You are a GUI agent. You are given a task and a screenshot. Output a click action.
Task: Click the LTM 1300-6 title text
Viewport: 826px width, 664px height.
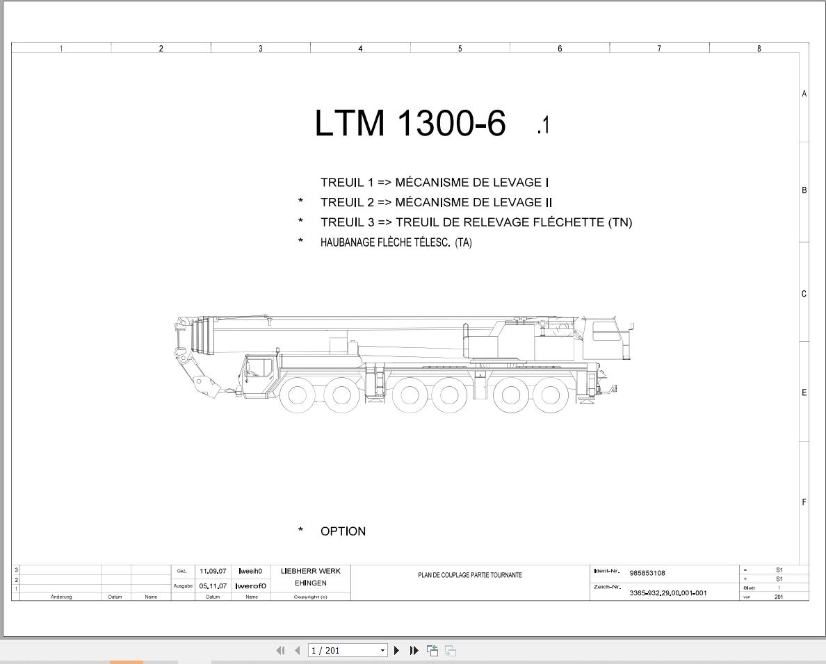click(x=410, y=123)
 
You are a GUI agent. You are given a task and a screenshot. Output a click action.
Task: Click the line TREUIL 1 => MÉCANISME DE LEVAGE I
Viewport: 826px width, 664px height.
click(x=435, y=183)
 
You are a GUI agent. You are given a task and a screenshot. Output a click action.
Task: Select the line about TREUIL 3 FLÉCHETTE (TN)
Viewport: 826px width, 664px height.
click(x=476, y=222)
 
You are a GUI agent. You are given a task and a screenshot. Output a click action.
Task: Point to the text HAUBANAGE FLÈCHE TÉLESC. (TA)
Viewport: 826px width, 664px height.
click(x=396, y=242)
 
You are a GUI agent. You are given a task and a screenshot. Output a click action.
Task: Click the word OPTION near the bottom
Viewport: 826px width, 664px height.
click(x=343, y=531)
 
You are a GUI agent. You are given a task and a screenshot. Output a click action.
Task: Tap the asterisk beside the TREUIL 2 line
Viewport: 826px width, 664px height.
click(x=301, y=201)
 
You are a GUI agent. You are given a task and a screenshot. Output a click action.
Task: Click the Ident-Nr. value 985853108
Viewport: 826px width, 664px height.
click(x=647, y=573)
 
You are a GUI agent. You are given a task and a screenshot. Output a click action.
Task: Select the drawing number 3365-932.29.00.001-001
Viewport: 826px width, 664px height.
click(x=668, y=593)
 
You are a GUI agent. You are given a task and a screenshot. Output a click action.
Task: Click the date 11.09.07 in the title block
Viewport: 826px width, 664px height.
click(x=213, y=571)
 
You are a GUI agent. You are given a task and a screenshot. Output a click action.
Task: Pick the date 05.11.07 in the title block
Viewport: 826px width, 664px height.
click(x=213, y=586)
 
